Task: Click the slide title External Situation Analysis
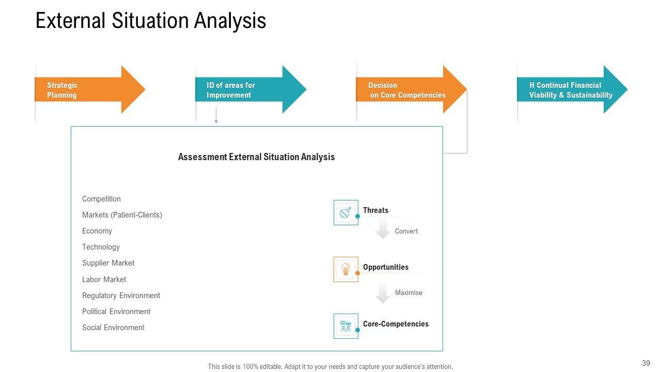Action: point(151,21)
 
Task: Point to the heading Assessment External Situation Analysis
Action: point(256,157)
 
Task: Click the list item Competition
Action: point(101,199)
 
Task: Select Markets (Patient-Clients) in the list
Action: point(122,215)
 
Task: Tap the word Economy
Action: point(97,231)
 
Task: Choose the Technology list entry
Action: point(101,247)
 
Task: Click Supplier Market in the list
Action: point(108,263)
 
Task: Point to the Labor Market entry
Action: point(104,280)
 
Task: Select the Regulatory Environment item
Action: point(121,296)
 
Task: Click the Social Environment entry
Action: point(113,328)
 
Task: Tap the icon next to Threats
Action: point(345,212)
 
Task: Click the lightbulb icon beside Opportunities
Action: point(345,269)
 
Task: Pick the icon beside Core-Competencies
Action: point(345,326)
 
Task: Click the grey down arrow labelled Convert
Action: point(383,229)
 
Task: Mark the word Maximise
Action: point(408,293)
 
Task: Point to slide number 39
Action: point(646,363)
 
